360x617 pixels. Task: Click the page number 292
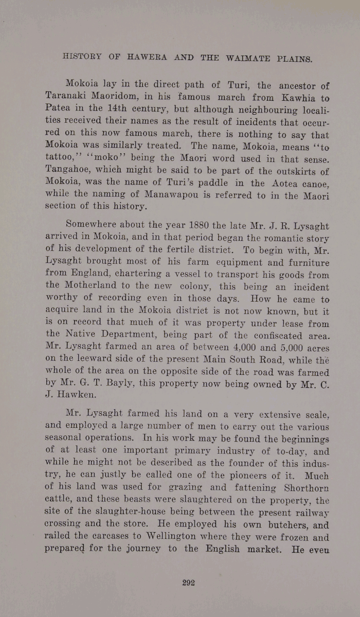pos(187,583)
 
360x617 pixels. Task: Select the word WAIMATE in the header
pos(249,58)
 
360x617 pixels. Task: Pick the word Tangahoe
pos(69,171)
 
